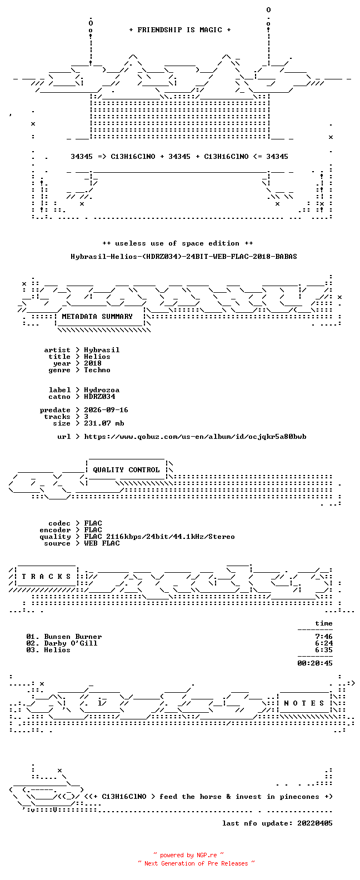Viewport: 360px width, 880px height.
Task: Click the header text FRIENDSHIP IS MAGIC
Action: point(179,30)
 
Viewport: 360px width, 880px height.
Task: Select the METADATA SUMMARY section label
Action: point(97,317)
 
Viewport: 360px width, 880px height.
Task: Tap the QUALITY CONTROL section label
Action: point(126,470)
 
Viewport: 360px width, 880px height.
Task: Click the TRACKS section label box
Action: point(46,577)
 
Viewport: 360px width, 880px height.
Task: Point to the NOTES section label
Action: point(304,703)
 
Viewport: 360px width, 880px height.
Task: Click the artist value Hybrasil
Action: point(102,350)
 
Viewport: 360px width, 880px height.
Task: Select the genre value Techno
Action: point(97,370)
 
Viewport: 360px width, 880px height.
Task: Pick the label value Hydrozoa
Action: point(102,390)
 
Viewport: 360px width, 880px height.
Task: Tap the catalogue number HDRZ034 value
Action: point(99,397)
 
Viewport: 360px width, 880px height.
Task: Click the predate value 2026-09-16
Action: point(106,410)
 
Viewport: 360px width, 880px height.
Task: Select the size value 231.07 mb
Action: point(104,423)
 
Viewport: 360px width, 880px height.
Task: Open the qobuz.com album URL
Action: point(196,437)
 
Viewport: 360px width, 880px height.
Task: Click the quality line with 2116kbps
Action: point(159,537)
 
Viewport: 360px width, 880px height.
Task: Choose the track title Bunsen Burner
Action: point(73,637)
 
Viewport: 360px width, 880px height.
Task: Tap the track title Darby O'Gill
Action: point(71,643)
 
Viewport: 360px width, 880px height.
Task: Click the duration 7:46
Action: point(324,637)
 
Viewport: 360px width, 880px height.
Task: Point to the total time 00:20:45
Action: point(315,663)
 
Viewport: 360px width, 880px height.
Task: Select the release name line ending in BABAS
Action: point(184,257)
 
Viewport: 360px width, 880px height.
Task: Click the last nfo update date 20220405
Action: point(315,823)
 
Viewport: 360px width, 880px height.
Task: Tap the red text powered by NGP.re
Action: point(188,855)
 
